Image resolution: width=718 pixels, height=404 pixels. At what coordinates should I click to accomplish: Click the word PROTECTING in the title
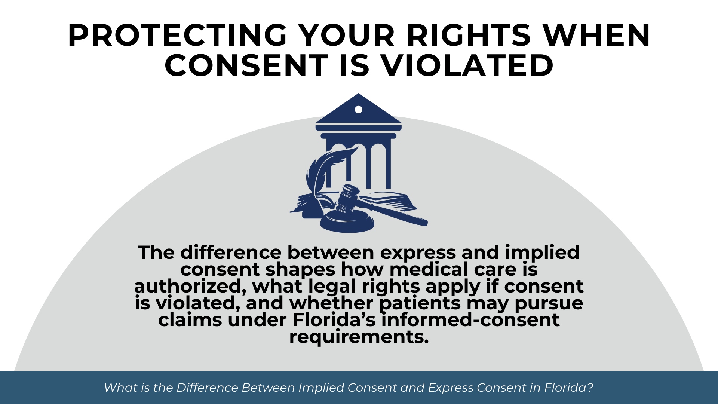(x=178, y=35)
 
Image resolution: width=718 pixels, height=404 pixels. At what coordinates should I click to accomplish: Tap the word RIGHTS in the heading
(x=469, y=35)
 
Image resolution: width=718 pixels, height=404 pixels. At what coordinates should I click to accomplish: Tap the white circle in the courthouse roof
(x=358, y=110)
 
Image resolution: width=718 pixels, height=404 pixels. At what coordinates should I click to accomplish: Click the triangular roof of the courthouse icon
(x=358, y=108)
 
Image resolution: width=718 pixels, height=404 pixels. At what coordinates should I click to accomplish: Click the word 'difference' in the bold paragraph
(x=231, y=252)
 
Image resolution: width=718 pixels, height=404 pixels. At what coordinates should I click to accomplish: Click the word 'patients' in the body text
(x=420, y=303)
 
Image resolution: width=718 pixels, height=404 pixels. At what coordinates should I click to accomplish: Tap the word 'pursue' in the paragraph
(x=549, y=303)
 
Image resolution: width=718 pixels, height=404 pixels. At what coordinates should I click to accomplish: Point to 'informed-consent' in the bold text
(x=470, y=320)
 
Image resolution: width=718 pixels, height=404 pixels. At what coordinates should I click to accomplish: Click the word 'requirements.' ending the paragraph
(x=359, y=337)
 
